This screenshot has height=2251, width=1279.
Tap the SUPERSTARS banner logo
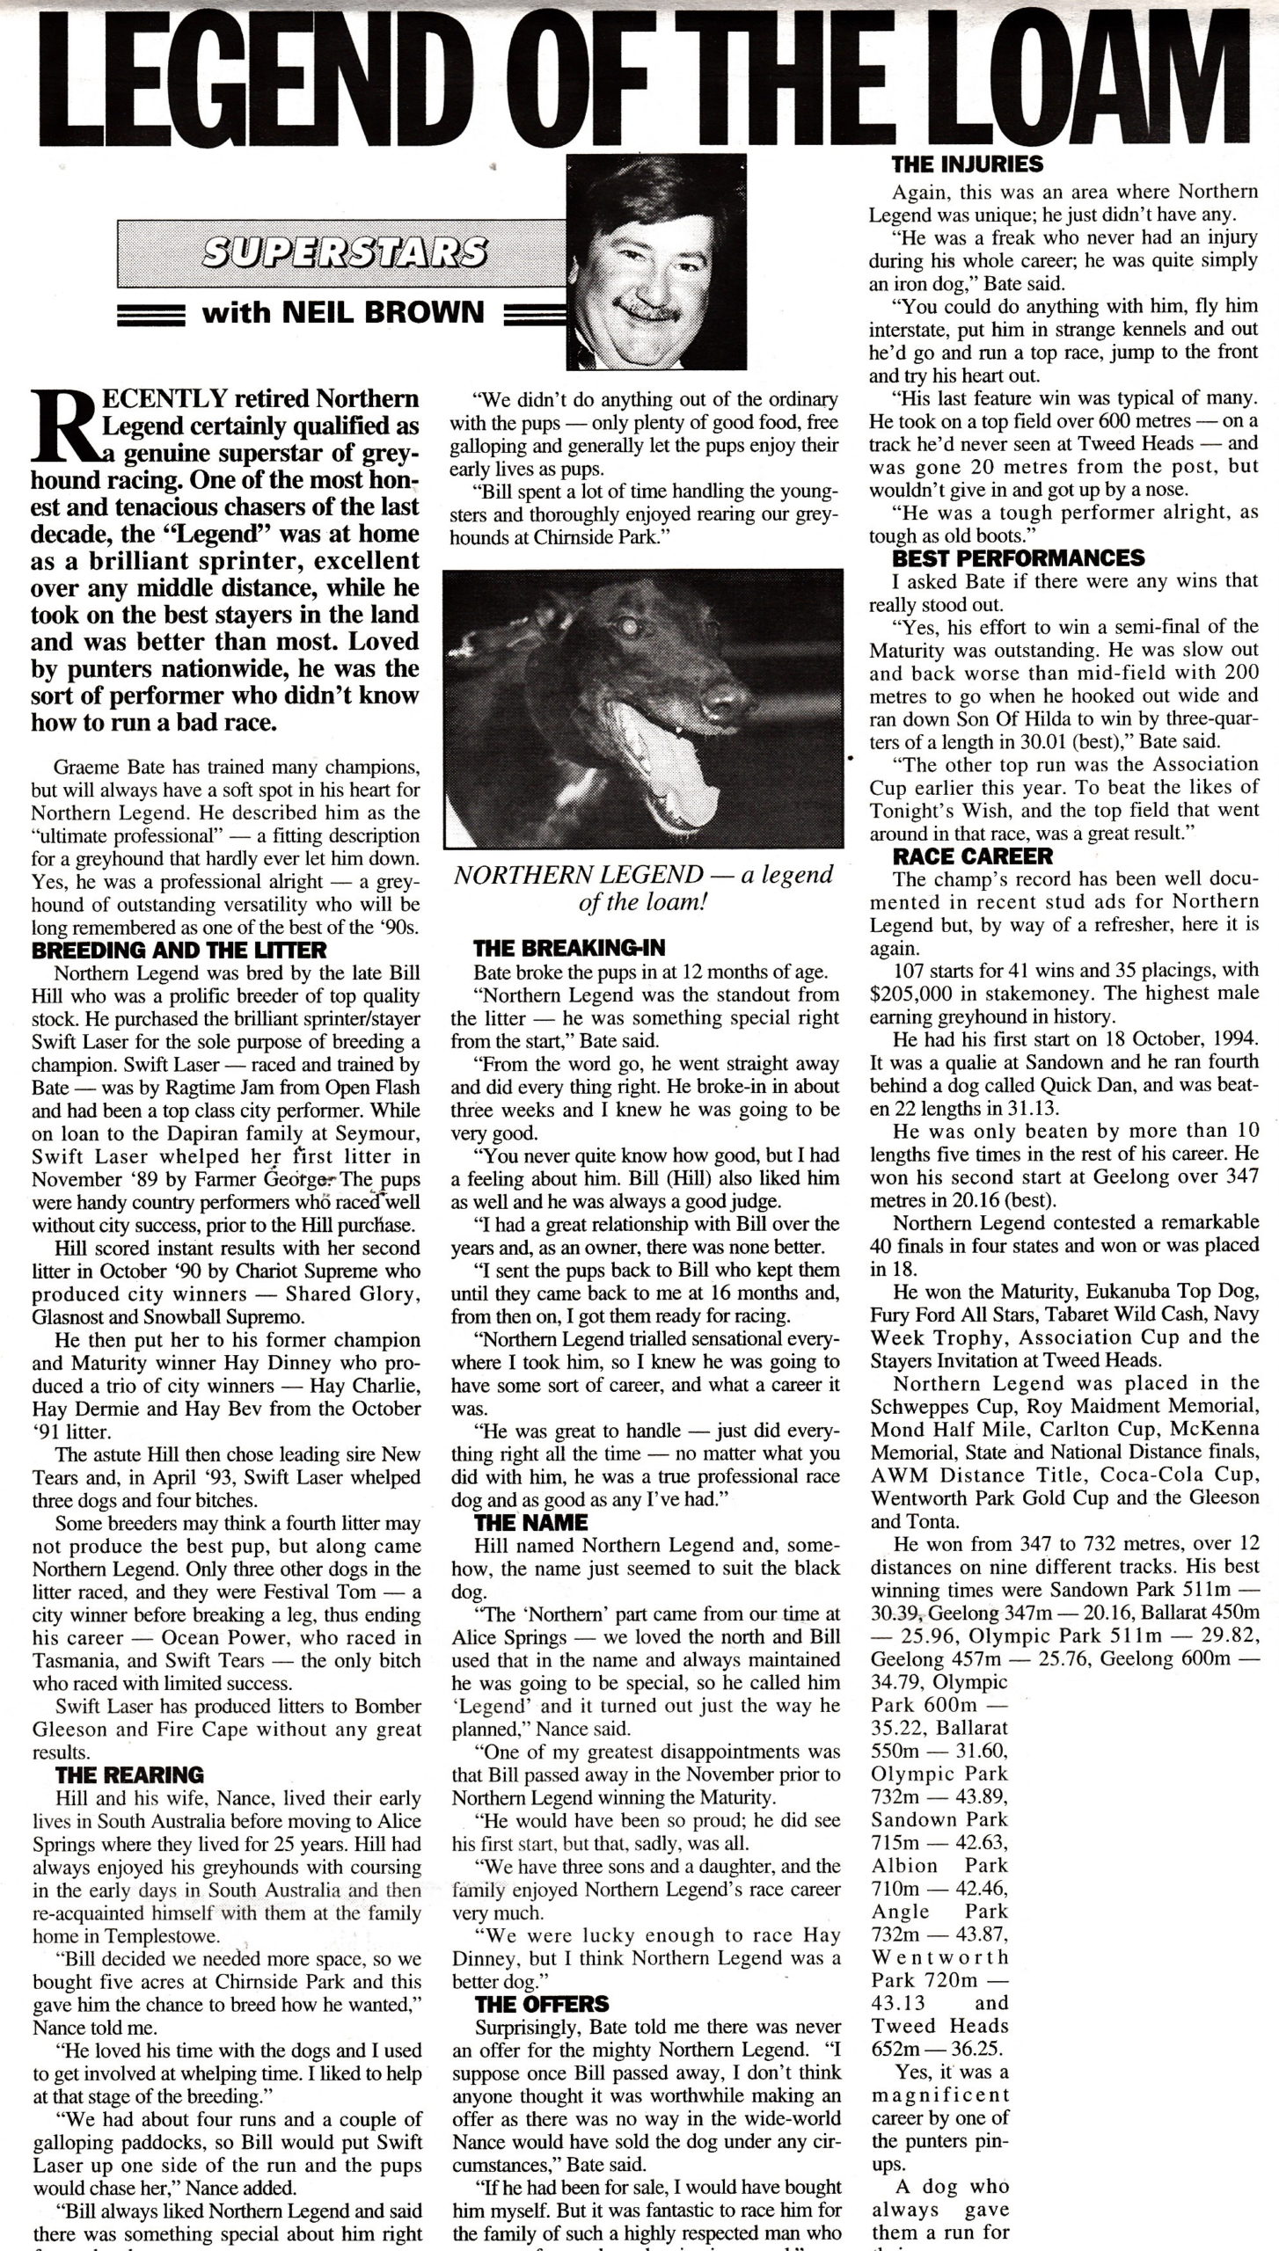(x=344, y=252)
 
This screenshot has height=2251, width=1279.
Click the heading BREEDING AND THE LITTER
(x=179, y=950)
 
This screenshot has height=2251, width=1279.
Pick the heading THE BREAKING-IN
(x=569, y=948)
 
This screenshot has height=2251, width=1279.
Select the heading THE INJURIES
(x=967, y=164)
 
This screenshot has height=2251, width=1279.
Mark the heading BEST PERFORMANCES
(x=1019, y=558)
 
